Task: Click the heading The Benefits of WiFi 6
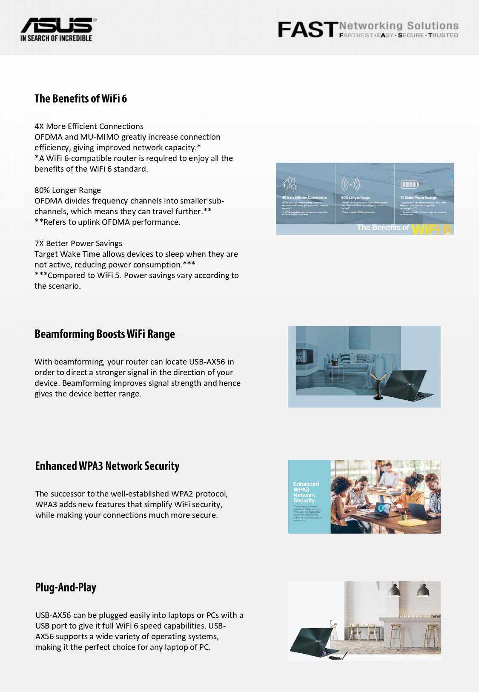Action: tap(80, 99)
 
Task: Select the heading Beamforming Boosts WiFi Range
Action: tap(105, 334)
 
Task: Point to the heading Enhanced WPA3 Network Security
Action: tap(107, 466)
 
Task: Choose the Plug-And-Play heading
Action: tap(66, 587)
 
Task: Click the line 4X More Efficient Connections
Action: tap(89, 126)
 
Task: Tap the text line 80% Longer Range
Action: tap(68, 190)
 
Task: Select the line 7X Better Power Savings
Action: tap(78, 244)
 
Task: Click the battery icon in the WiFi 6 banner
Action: tap(410, 184)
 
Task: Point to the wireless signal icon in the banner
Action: tap(350, 184)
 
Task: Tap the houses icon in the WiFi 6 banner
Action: tap(290, 184)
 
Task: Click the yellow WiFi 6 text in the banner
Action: tap(431, 229)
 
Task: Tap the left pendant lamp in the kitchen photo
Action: tap(394, 590)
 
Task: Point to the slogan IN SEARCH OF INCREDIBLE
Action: tap(56, 38)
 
